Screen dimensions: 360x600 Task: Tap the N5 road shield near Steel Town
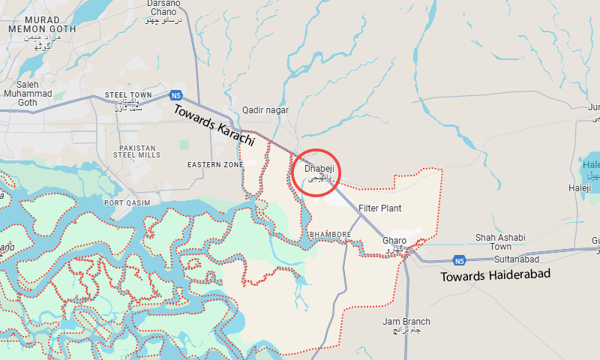point(176,95)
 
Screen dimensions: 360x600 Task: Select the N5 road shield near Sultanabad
point(459,260)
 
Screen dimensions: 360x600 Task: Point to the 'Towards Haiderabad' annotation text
point(496,275)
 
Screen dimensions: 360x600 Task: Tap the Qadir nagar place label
point(265,110)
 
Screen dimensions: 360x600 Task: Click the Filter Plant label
point(379,208)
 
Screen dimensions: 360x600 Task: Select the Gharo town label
point(394,241)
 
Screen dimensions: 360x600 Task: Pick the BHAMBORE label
point(330,235)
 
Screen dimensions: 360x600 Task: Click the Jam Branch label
point(406,322)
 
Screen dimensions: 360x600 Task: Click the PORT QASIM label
point(127,203)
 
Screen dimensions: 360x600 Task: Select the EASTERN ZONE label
point(215,164)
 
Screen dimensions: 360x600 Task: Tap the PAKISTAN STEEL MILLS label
point(136,151)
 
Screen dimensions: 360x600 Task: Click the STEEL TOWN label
point(128,94)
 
